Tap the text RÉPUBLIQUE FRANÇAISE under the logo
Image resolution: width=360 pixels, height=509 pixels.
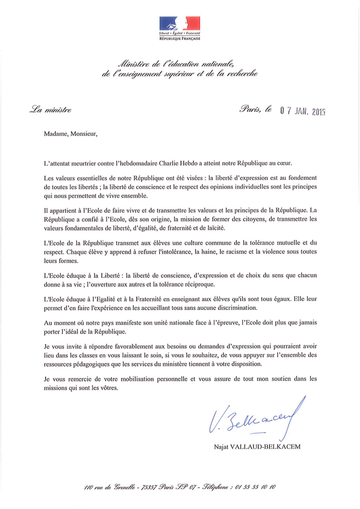click(x=179, y=38)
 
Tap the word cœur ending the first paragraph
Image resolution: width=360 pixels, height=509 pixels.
click(x=308, y=163)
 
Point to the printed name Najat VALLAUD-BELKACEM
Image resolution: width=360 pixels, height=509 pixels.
click(x=257, y=446)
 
